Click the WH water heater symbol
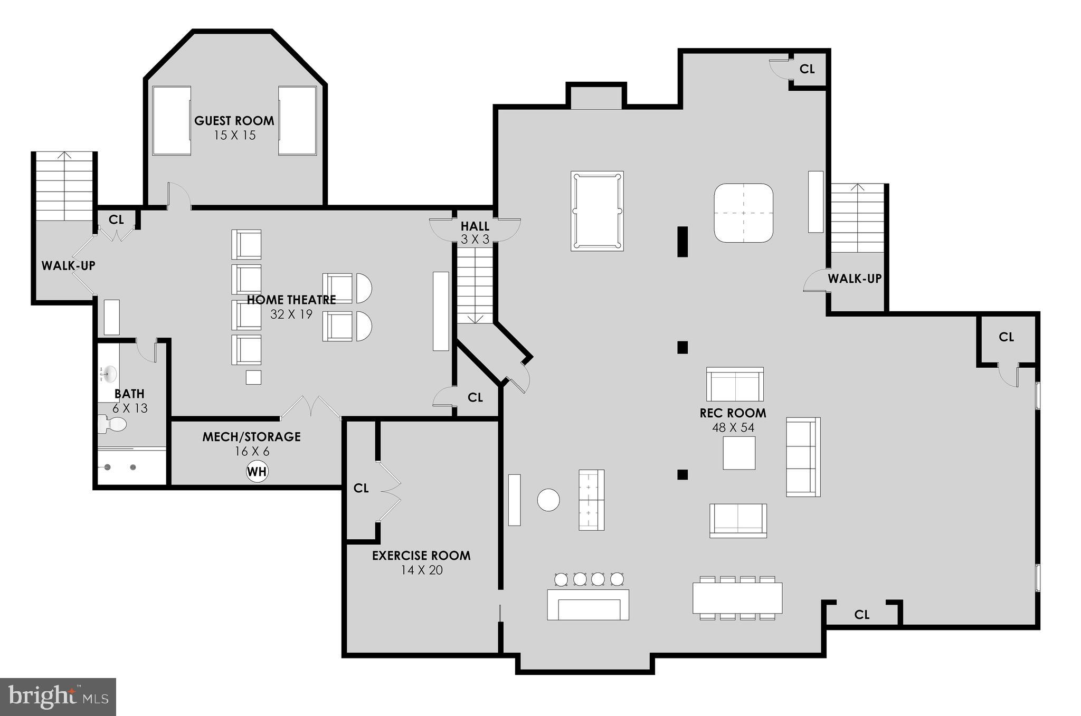(257, 471)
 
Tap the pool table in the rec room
(597, 211)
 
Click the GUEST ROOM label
(234, 121)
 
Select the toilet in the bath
(112, 424)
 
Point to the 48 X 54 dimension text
(733, 428)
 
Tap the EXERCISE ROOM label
(421, 556)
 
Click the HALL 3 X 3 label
(475, 232)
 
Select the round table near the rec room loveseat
(548, 500)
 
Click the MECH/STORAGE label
(252, 437)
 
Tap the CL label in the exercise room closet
(361, 489)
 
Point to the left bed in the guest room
(172, 121)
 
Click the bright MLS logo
(58, 697)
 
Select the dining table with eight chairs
(737, 598)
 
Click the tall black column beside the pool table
(682, 242)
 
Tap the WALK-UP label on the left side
(69, 266)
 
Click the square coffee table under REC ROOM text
(739, 453)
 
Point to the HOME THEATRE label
(291, 300)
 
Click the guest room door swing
(178, 195)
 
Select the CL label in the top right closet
(807, 69)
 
